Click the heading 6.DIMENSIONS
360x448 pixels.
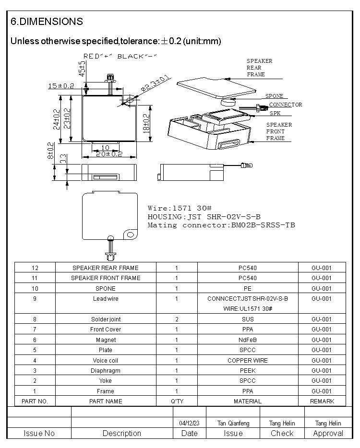point(47,22)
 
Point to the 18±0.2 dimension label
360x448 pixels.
point(146,123)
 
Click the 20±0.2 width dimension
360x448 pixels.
point(109,154)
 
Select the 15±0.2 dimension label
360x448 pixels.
point(61,86)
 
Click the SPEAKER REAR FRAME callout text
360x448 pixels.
point(259,68)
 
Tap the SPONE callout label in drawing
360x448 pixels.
point(274,96)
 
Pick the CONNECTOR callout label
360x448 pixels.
point(285,105)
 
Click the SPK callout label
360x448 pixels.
point(275,113)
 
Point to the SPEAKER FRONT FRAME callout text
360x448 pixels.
point(279,131)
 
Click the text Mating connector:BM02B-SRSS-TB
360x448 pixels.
point(221,225)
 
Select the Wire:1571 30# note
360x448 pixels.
point(180,208)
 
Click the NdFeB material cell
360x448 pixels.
point(248,340)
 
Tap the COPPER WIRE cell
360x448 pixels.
point(248,360)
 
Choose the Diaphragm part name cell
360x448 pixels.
point(106,370)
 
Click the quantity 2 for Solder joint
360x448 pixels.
point(177,319)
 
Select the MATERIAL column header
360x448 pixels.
point(248,401)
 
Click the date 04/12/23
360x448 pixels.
point(189,423)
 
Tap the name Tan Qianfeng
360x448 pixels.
point(233,423)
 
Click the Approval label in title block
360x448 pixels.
point(328,433)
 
